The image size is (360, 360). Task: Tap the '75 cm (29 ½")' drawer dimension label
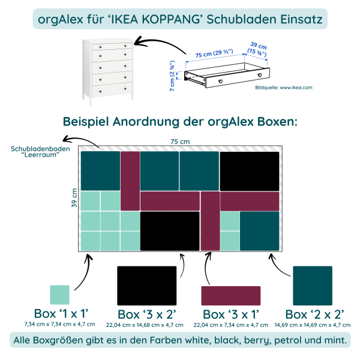(214, 56)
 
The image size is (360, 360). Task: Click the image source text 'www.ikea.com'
(296, 88)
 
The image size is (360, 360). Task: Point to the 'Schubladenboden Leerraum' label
(40, 152)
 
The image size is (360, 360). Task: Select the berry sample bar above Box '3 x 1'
(231, 295)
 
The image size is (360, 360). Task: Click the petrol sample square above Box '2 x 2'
(313, 286)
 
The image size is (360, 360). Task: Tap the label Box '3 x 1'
(231, 314)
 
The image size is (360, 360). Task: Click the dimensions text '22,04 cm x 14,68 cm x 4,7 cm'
(146, 325)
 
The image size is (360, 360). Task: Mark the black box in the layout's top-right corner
(250, 171)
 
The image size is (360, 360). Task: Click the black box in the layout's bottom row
(170, 231)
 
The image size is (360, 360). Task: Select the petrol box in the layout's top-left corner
(100, 170)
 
